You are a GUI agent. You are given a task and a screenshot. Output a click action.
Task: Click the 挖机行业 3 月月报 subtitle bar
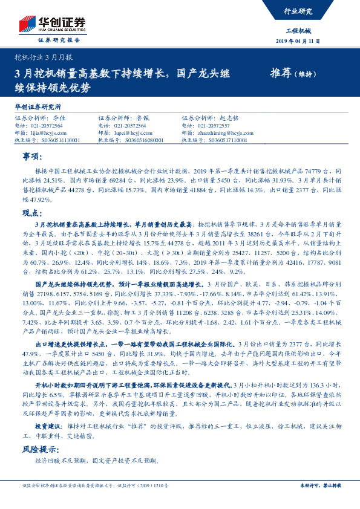[43, 57]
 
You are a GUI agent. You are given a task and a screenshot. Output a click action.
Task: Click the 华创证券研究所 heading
[38, 106]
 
